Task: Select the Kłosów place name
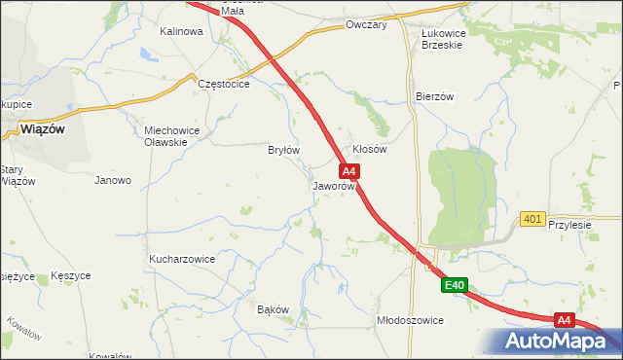[x=370, y=150]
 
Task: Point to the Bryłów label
[x=283, y=150]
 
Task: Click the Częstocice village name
[x=224, y=85]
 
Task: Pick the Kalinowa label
[x=181, y=31]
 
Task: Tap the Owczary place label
[x=366, y=25]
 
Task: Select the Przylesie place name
[x=569, y=223]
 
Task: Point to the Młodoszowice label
[x=410, y=320]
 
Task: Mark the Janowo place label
[x=113, y=180]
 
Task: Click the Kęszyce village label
[x=71, y=276]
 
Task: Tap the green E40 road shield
[x=455, y=285]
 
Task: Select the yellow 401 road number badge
[x=531, y=219]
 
